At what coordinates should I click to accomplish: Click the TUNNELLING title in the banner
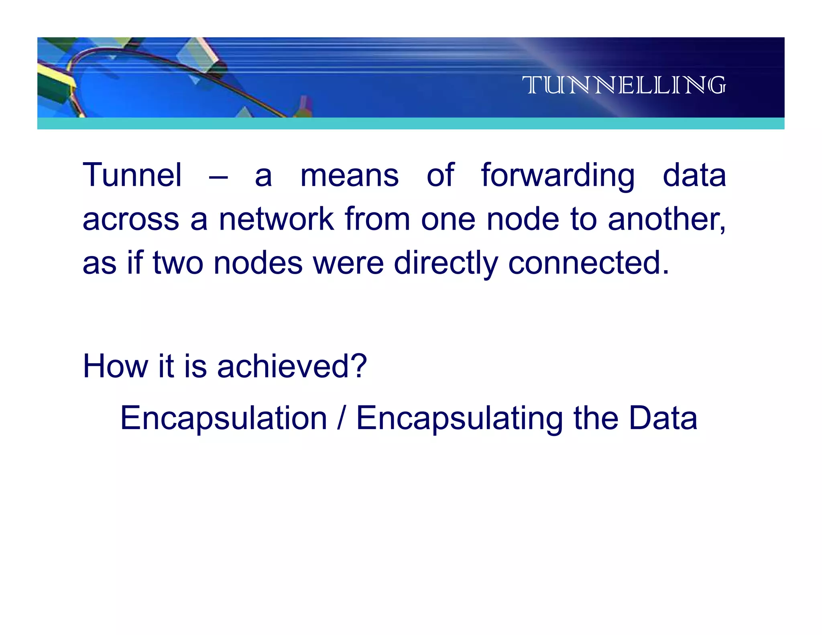(624, 85)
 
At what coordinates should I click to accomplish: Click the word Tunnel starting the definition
(132, 175)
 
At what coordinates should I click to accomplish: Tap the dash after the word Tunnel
(218, 177)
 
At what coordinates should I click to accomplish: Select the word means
(350, 176)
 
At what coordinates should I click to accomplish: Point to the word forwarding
(558, 176)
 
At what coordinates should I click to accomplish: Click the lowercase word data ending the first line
(694, 176)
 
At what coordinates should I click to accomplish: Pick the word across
(131, 220)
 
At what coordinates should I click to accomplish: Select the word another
(666, 220)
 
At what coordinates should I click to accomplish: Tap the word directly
(446, 263)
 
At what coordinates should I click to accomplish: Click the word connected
(588, 263)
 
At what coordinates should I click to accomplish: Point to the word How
(116, 366)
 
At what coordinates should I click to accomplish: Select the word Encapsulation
(224, 418)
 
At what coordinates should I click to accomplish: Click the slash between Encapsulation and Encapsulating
(341, 418)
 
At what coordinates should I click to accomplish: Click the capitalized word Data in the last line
(663, 418)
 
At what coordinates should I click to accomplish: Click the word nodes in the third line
(258, 263)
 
